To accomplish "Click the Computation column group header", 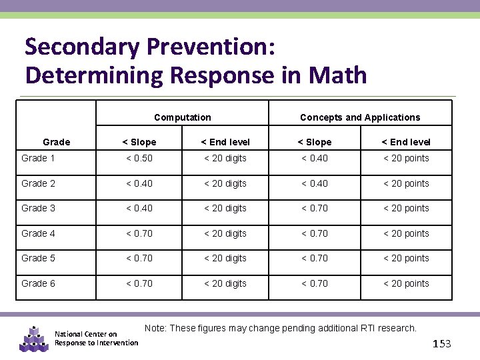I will tap(182, 117).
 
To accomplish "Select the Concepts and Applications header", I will tap(360, 117).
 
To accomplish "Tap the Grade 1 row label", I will tap(39, 158).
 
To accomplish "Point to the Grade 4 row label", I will tap(39, 233).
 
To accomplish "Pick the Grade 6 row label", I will tap(39, 283).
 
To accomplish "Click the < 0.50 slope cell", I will tap(139, 158).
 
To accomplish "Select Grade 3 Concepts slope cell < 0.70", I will tap(315, 208).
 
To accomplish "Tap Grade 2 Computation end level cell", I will tap(225, 183).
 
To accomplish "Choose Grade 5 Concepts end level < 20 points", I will tap(406, 258).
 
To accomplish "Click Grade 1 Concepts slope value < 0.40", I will tap(315, 158).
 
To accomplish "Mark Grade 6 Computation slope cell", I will tap(139, 283).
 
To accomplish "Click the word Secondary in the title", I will tap(81, 47).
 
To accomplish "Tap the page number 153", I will tap(442, 343).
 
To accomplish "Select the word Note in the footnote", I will tap(155, 328).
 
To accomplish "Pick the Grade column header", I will tap(56, 142).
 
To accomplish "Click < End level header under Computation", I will tap(225, 142).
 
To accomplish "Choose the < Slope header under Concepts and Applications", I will tap(315, 142).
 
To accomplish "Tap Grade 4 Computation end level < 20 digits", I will tap(225, 233).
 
